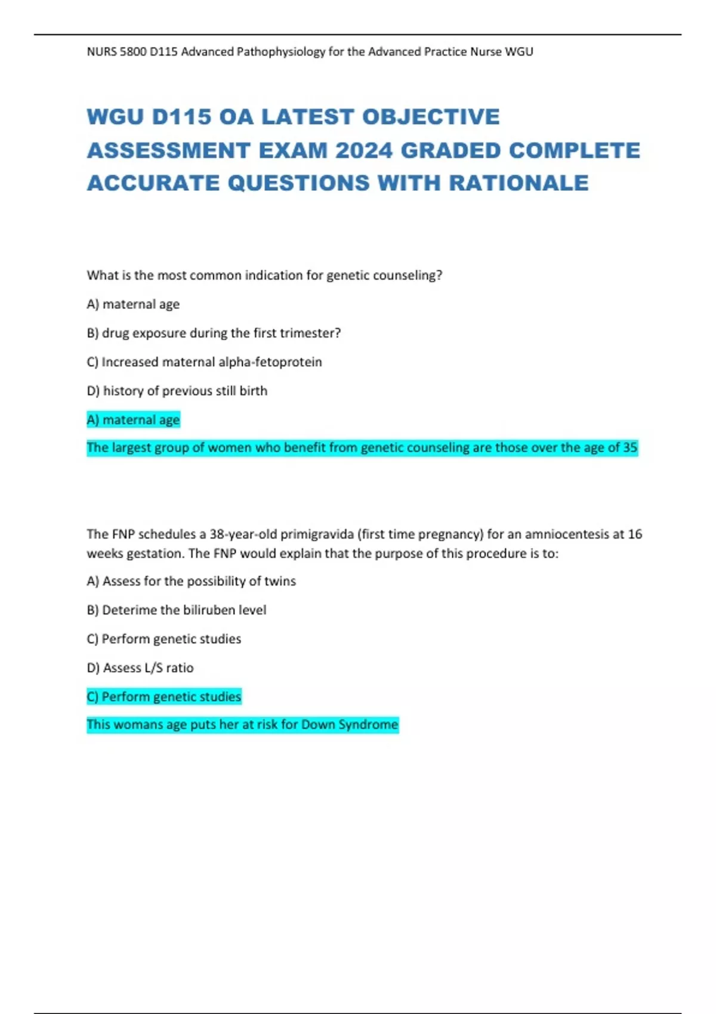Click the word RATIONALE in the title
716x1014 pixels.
pos(519,183)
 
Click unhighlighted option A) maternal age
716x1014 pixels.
pos(133,304)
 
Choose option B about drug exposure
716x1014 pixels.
pos(214,333)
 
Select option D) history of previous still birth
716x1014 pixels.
pos(177,391)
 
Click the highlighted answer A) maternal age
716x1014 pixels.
pos(133,420)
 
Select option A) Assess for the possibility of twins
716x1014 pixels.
pos(191,581)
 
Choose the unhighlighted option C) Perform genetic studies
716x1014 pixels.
pos(164,639)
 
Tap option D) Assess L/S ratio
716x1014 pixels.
pos(140,668)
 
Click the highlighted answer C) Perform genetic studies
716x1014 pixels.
pos(164,697)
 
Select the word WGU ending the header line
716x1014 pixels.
pos(519,52)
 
